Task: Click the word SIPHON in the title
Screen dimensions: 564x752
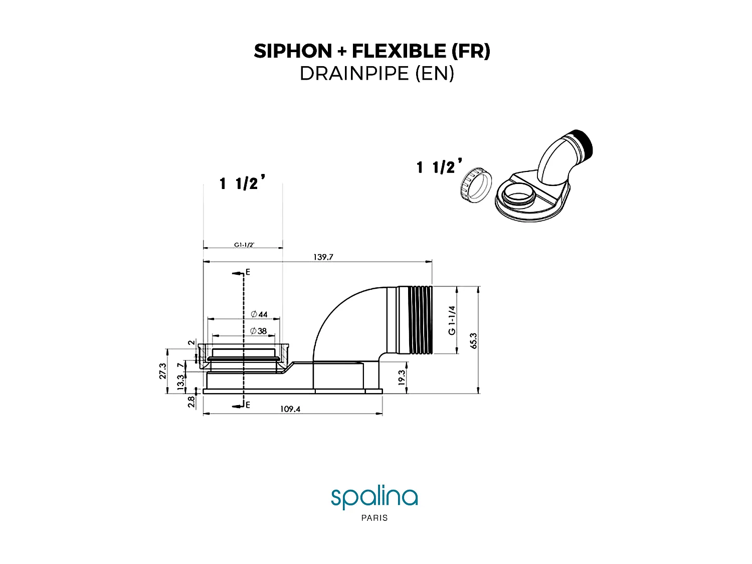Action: point(293,51)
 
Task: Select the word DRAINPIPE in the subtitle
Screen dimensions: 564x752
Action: point(354,74)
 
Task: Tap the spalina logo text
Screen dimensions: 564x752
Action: point(374,497)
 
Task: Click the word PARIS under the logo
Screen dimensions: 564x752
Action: point(374,518)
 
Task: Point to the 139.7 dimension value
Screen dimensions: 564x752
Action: point(323,257)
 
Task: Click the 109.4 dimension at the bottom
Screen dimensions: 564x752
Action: point(290,409)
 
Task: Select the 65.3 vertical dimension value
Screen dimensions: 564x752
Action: point(474,340)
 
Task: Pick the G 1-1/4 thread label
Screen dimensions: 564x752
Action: point(452,320)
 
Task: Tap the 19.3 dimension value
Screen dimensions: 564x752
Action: point(401,378)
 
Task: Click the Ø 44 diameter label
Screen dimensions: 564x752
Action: point(260,314)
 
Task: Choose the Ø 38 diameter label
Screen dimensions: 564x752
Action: point(259,331)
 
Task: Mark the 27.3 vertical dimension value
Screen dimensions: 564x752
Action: point(163,371)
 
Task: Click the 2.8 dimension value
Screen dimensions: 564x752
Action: point(191,402)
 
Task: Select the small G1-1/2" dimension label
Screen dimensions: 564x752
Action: point(244,245)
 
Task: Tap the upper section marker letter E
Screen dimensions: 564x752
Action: point(248,273)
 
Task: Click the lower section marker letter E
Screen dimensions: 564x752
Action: point(248,405)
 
